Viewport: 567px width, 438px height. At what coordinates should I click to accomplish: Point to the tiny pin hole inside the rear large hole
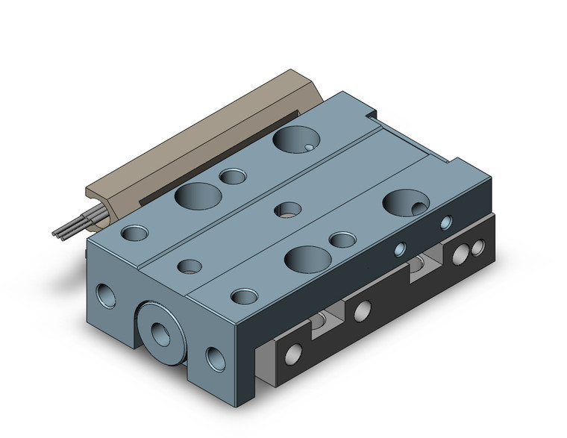coord(310,148)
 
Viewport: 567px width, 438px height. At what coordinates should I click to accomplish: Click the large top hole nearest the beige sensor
coord(196,197)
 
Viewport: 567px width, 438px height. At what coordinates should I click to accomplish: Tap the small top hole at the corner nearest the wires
coord(135,232)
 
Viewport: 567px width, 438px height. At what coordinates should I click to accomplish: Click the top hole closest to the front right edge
coord(243,296)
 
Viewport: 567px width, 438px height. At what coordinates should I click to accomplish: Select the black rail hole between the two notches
coord(364,308)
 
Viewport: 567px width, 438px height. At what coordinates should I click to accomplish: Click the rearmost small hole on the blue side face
coord(446,222)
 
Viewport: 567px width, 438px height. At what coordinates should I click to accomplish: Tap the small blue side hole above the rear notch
coord(400,248)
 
